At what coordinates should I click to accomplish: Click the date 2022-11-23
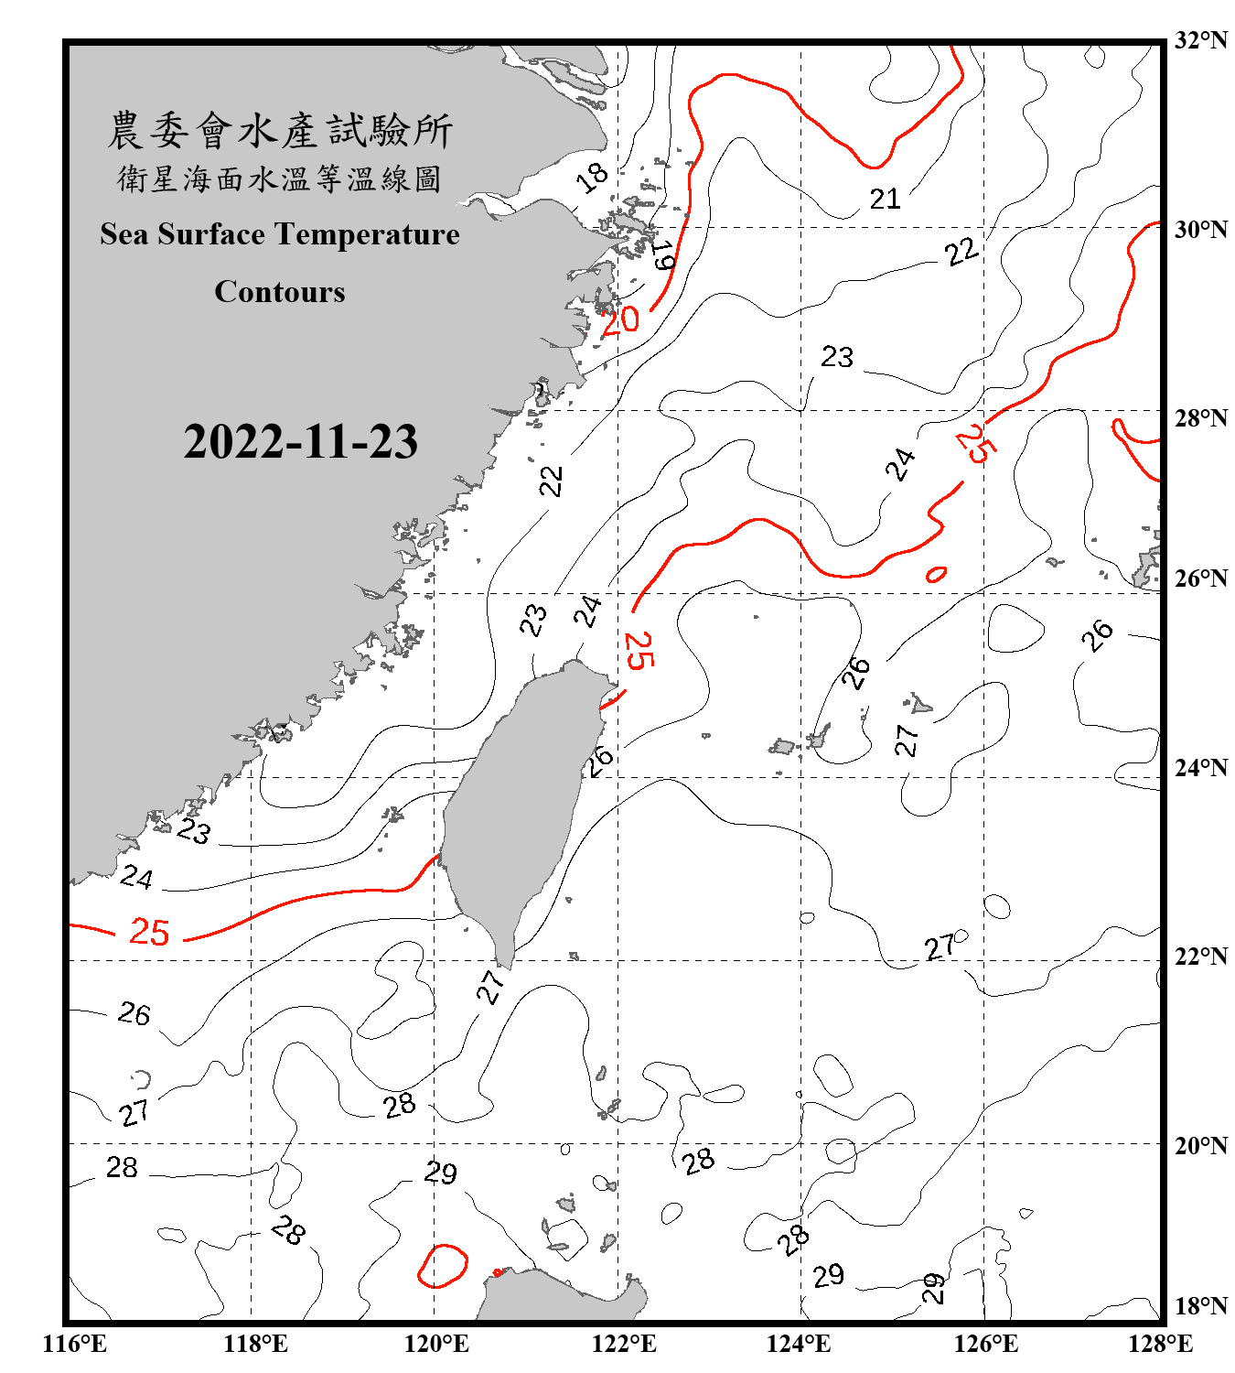point(300,442)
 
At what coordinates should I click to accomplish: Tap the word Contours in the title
point(279,292)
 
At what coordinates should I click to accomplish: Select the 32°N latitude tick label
point(1200,40)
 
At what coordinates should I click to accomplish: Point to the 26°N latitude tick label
point(1200,578)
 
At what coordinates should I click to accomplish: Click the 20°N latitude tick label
point(1200,1146)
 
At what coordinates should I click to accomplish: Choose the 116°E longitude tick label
point(75,1344)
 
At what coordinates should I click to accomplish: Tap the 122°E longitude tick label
point(624,1344)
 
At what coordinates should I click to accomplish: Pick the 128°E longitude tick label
point(1160,1344)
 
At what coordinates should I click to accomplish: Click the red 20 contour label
point(620,320)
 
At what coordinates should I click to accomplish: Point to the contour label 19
point(663,255)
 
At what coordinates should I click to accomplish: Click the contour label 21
point(885,199)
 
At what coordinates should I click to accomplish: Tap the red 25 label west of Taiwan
point(149,932)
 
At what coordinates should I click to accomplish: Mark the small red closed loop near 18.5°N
point(443,1266)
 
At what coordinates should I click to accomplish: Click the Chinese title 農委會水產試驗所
point(279,131)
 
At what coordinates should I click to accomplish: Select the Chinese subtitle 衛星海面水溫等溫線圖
point(279,178)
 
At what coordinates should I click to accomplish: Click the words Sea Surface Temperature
point(279,234)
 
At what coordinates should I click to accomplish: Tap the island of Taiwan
point(521,805)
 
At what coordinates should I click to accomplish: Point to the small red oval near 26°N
point(936,575)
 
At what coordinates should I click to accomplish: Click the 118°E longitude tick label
point(255,1344)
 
